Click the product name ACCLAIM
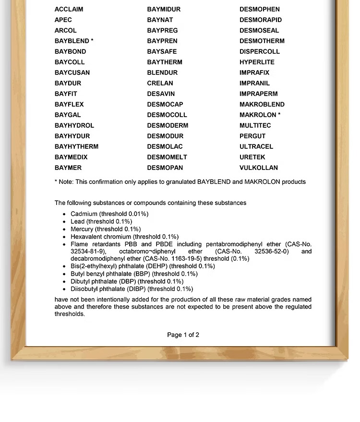69,9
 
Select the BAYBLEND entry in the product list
72,41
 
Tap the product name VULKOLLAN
259,168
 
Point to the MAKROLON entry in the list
258,115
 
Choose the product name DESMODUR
165,136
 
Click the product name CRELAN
160,83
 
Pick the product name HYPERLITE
257,62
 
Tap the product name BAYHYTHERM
76,146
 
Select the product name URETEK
252,157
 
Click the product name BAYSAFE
162,51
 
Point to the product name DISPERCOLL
260,51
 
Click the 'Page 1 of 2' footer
183,335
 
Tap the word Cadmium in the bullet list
84,214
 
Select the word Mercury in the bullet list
83,229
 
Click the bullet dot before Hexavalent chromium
64,237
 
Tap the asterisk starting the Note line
56,182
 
